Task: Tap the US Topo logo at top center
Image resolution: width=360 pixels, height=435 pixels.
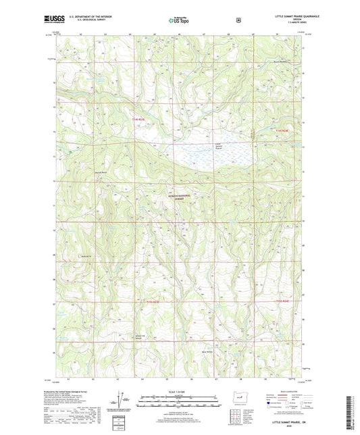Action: pyautogui.click(x=178, y=20)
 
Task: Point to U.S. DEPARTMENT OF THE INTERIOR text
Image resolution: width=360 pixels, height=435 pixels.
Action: pyautogui.click(x=95, y=18)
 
